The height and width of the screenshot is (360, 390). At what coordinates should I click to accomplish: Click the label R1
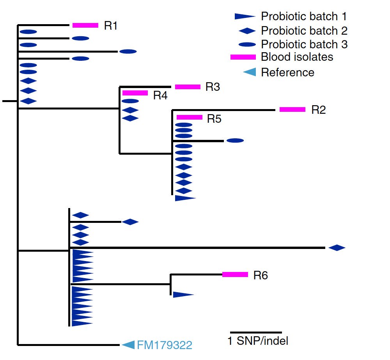pyautogui.click(x=111, y=26)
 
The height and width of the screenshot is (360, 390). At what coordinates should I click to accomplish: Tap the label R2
pyautogui.click(x=318, y=110)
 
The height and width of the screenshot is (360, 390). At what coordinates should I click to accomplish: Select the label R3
pyautogui.click(x=213, y=87)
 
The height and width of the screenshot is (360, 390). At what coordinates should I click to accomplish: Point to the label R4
pyautogui.click(x=160, y=95)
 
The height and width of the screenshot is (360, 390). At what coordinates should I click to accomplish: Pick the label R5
pyautogui.click(x=214, y=119)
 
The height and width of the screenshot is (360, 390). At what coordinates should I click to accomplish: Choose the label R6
pyautogui.click(x=261, y=276)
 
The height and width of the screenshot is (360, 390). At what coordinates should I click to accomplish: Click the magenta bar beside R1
pyautogui.click(x=85, y=25)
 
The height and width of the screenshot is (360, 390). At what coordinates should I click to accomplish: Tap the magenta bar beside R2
pyautogui.click(x=292, y=109)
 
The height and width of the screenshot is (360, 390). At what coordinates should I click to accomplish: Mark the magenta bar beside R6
pyautogui.click(x=235, y=274)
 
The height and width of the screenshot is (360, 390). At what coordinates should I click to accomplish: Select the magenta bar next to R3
pyautogui.click(x=188, y=86)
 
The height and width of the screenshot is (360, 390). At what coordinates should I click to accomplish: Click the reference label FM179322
pyautogui.click(x=164, y=345)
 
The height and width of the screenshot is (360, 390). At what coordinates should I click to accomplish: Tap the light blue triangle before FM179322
pyautogui.click(x=128, y=344)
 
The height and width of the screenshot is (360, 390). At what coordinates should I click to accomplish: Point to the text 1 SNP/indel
pyautogui.click(x=258, y=341)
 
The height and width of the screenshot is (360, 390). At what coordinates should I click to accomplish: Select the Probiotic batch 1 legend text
pyautogui.click(x=304, y=16)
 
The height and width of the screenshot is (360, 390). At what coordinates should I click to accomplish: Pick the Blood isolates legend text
pyautogui.click(x=297, y=57)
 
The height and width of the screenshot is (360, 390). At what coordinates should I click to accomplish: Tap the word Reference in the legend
pyautogui.click(x=287, y=72)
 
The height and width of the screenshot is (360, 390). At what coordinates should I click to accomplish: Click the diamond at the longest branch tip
pyautogui.click(x=337, y=247)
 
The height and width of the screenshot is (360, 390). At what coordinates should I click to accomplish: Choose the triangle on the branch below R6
pyautogui.click(x=183, y=295)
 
